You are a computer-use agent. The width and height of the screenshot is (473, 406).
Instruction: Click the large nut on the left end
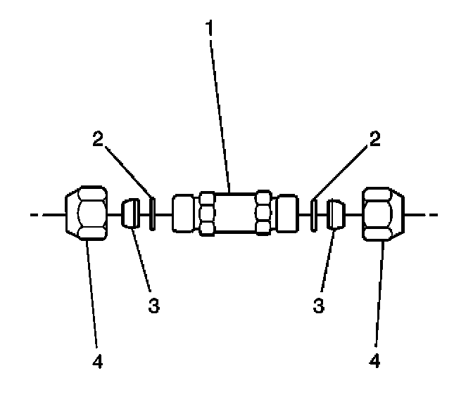pyautogui.click(x=87, y=213)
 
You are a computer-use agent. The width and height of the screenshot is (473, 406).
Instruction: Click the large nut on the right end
pyautogui.click(x=385, y=213)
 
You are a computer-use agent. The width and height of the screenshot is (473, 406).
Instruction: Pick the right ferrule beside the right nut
pyautogui.click(x=336, y=213)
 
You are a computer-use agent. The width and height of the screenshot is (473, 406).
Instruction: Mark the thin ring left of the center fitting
pyautogui.click(x=151, y=213)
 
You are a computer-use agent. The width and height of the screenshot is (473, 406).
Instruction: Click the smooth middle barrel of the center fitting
pyautogui.click(x=235, y=213)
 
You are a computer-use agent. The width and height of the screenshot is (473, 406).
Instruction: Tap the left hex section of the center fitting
pyautogui.click(x=208, y=213)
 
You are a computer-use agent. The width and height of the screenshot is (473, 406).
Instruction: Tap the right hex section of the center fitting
pyautogui.click(x=263, y=213)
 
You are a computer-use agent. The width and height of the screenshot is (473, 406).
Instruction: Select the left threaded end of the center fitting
pyautogui.click(x=184, y=213)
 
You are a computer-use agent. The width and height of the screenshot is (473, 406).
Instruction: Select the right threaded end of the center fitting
pyautogui.click(x=286, y=213)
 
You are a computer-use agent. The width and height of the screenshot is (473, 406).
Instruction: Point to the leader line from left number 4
pyautogui.click(x=92, y=295)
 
